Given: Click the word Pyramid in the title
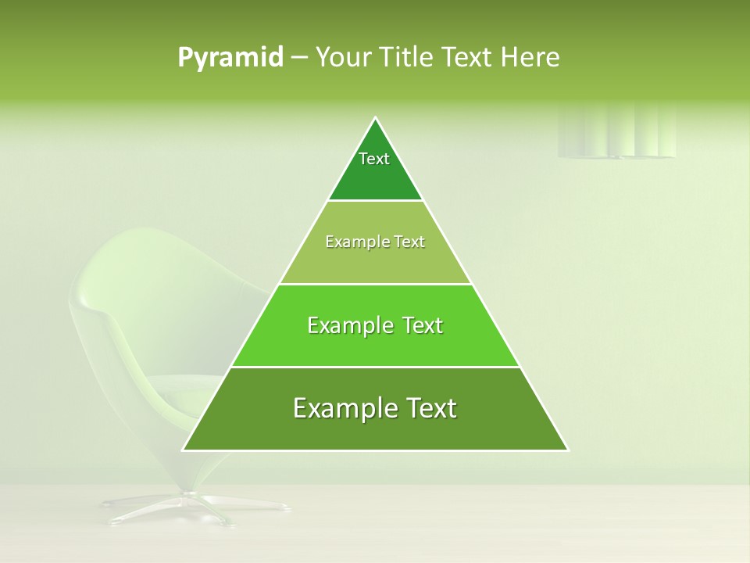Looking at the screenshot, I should tap(230, 58).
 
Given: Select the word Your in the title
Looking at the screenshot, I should tap(341, 58).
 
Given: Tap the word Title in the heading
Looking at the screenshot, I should tap(408, 58).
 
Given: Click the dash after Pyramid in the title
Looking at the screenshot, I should tap(298, 58).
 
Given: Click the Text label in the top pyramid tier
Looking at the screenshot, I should tap(374, 159).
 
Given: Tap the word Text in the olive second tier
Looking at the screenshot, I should tap(410, 242).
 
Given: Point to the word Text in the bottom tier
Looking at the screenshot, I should tap(427, 408).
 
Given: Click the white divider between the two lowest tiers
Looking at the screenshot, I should tap(376, 367).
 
